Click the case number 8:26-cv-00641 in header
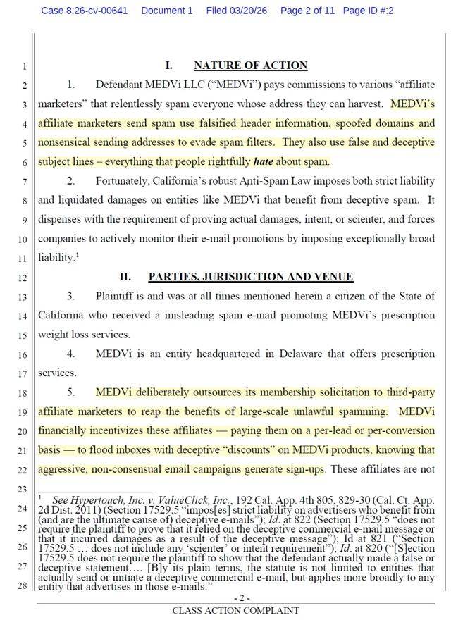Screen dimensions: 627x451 click(85, 11)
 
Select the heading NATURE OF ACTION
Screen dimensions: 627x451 click(250, 66)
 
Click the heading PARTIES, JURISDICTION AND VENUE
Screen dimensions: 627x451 click(250, 277)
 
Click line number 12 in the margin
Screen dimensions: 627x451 click(23, 278)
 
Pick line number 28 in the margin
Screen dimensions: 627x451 click(23, 585)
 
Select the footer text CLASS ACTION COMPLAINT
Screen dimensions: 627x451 click(235, 611)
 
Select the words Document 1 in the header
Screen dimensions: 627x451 click(166, 11)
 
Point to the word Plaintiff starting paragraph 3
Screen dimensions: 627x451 click(117, 296)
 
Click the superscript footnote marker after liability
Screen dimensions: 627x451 click(76, 255)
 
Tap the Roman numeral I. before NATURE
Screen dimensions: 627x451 click(169, 66)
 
